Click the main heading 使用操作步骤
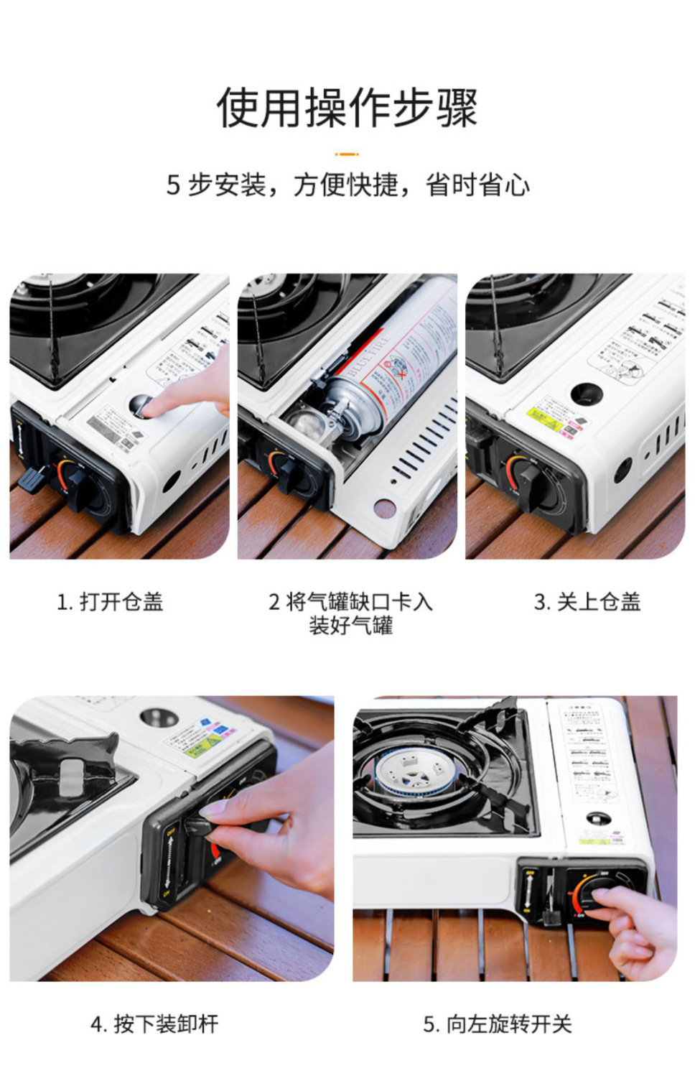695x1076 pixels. click(347, 108)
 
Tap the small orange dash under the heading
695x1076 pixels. click(347, 154)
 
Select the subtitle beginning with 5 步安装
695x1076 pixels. click(347, 185)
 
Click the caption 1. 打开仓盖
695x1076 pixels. click(110, 601)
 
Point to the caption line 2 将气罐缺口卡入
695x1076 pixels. click(350, 601)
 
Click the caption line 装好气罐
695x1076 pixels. click(350, 626)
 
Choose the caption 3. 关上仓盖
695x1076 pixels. click(587, 601)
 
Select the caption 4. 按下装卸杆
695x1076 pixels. click(154, 1024)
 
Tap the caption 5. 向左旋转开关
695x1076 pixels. click(497, 1024)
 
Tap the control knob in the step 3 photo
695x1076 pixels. click(530, 476)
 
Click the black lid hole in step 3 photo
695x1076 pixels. click(586, 393)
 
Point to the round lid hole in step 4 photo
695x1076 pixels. click(159, 717)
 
